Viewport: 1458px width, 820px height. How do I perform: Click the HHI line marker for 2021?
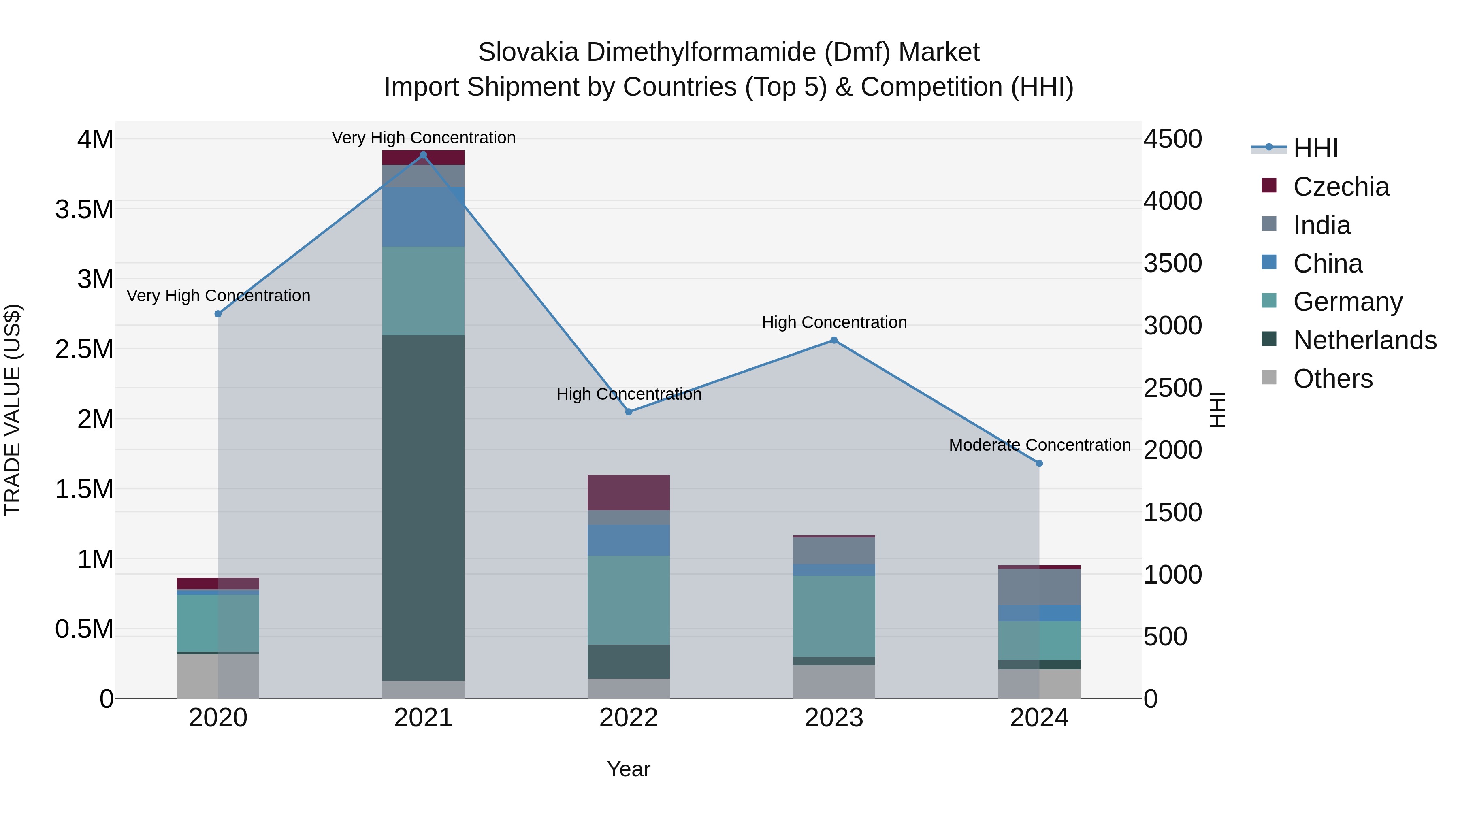tap(423, 155)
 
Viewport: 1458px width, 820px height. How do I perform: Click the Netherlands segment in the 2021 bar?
tap(423, 508)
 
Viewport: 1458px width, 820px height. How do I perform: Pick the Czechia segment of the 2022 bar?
tap(628, 492)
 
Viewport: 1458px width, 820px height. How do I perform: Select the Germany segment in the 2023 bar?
tap(834, 616)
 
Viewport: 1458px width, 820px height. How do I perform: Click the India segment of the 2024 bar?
tap(1039, 587)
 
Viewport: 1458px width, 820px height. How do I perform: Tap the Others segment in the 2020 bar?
tap(218, 676)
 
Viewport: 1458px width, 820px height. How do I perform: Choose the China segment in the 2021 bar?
tap(423, 217)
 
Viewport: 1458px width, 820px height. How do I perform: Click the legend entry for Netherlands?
tap(1364, 340)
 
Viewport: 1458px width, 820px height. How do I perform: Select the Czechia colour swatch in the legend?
tap(1269, 185)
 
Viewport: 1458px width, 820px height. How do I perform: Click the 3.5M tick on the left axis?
tap(84, 209)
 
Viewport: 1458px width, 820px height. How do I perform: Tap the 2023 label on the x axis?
tap(834, 718)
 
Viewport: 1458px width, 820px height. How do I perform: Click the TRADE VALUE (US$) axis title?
tap(13, 410)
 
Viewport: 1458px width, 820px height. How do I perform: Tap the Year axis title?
tap(628, 769)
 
